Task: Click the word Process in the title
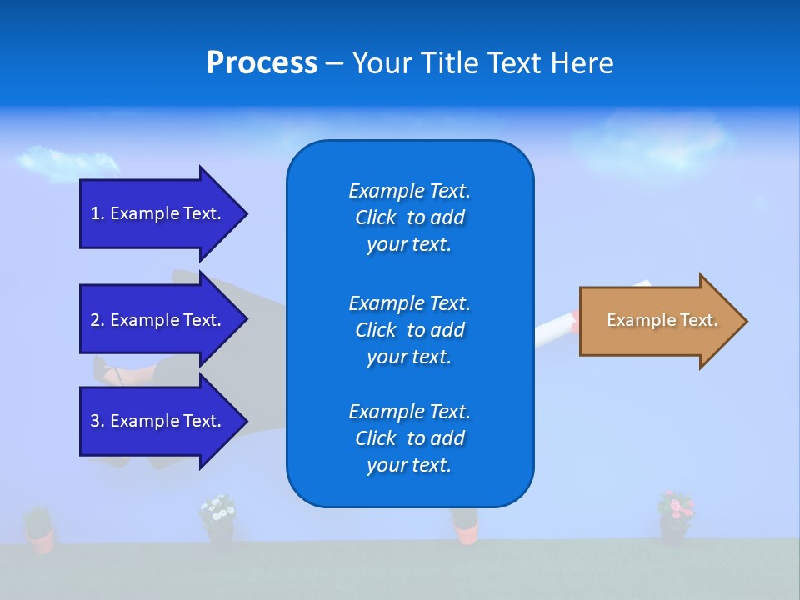[262, 63]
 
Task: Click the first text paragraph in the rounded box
[409, 217]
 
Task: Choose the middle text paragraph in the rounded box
[409, 330]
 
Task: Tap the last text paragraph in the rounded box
[409, 438]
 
